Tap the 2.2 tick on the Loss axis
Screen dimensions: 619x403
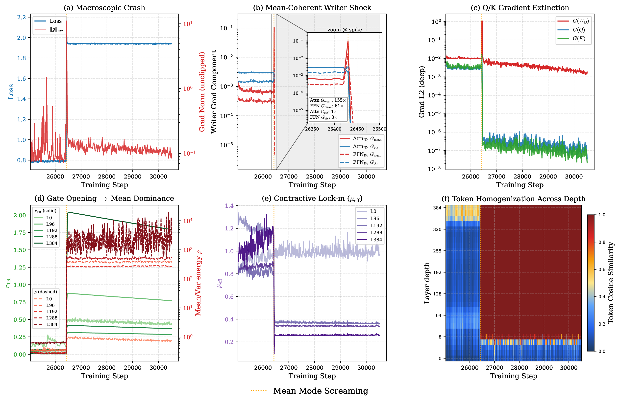(x=21, y=17)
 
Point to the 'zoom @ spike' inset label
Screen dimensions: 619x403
(x=345, y=30)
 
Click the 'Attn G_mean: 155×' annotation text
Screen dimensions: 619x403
(x=328, y=100)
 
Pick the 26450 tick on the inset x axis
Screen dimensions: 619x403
(x=357, y=129)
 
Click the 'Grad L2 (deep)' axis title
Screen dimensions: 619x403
(x=421, y=92)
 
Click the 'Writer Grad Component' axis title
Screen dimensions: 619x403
(x=214, y=92)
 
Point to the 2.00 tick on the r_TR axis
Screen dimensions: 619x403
(x=20, y=215)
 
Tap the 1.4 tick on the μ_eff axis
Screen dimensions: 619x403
(x=229, y=206)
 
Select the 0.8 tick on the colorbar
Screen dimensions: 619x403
(x=602, y=242)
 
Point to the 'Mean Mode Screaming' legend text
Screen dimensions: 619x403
(x=321, y=391)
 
